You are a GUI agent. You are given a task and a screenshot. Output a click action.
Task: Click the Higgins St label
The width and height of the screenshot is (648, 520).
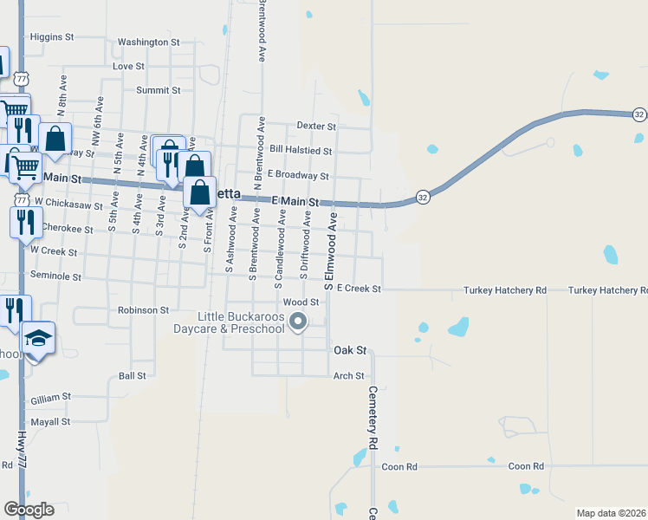tap(52, 37)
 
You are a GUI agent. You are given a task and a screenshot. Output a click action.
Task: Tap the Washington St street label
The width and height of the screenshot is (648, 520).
tap(148, 42)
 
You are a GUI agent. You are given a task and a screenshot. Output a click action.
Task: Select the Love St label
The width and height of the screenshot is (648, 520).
tap(128, 66)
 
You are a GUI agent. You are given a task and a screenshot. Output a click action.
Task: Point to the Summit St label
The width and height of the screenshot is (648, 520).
tap(158, 90)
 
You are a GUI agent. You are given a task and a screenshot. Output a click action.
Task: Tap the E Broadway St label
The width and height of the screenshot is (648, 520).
tap(298, 175)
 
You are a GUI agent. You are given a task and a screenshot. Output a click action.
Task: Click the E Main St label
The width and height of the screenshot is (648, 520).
tap(295, 201)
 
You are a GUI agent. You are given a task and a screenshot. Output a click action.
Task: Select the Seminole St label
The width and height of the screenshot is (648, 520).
tap(55, 277)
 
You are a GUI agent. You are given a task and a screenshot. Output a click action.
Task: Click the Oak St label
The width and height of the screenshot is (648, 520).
tap(351, 351)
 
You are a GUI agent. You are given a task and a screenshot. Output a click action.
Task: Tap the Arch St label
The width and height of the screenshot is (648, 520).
tap(349, 376)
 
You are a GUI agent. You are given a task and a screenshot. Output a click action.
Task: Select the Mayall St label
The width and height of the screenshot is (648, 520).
tap(49, 422)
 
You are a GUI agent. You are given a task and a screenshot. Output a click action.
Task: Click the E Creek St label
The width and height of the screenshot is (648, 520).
tap(359, 288)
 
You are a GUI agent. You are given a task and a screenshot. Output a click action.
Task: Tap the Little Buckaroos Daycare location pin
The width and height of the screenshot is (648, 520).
tap(299, 322)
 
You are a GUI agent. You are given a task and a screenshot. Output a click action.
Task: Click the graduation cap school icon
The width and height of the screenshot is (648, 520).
tap(39, 337)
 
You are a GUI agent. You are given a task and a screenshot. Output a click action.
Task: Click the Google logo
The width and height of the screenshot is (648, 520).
tap(29, 510)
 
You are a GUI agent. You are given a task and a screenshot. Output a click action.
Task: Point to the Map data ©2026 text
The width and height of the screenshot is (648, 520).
tap(611, 513)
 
